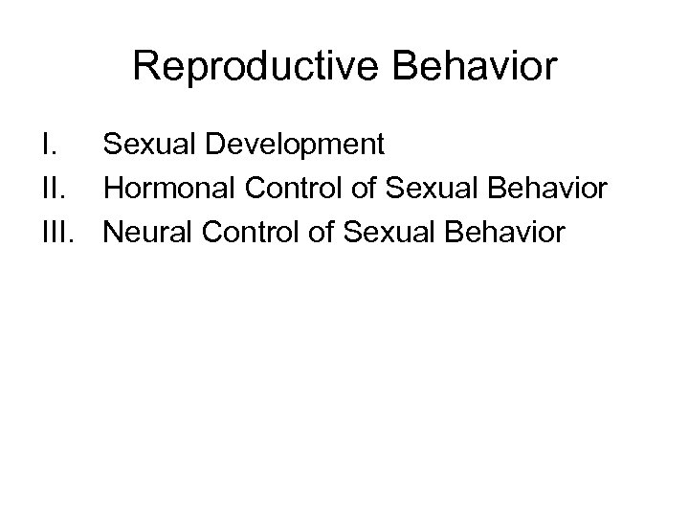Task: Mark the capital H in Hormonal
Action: click(115, 189)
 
